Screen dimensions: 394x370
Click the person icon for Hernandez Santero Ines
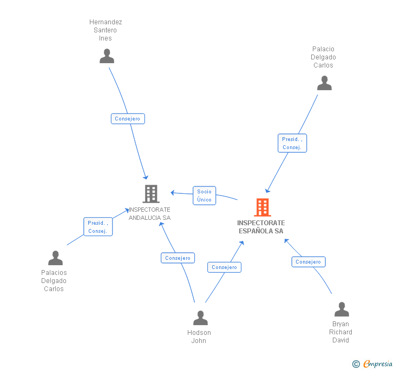107,56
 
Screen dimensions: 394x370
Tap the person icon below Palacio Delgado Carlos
324,83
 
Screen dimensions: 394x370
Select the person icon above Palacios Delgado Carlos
55,258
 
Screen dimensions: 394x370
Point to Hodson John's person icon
200,318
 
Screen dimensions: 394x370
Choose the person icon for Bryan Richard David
342,309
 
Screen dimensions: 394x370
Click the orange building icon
262,207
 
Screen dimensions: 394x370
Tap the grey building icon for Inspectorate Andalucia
151,194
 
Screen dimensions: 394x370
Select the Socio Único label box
204,196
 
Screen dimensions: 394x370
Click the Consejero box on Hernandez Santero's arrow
128,119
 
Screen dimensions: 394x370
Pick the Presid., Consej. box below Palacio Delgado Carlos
292,143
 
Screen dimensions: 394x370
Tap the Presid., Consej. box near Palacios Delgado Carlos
98,227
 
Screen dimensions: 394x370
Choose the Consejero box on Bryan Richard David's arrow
308,262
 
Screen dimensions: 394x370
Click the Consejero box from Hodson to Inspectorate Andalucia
178,258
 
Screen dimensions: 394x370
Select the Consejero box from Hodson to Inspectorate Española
225,267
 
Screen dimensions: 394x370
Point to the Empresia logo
378,364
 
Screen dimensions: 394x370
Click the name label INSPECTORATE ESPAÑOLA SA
261,227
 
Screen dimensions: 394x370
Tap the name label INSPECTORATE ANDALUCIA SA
149,214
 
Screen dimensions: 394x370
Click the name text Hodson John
199,337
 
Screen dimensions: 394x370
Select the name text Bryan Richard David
340,332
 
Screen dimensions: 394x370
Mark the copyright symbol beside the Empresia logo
356,364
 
